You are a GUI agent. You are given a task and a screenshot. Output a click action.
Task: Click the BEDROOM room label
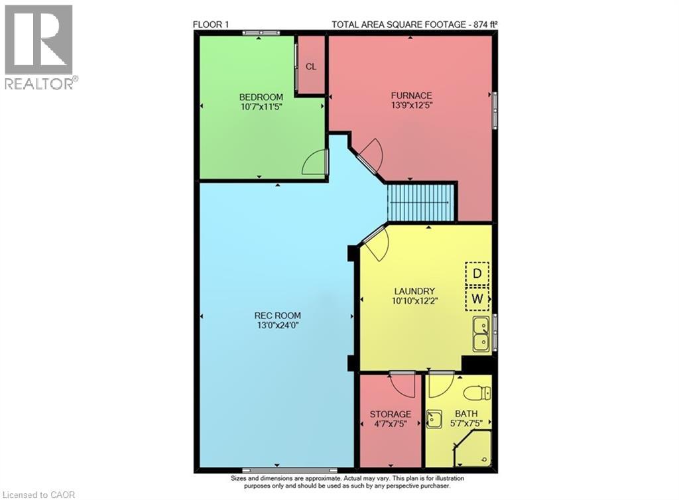(262, 96)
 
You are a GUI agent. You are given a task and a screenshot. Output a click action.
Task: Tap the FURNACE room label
(411, 95)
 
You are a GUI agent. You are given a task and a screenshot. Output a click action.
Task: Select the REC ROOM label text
(278, 315)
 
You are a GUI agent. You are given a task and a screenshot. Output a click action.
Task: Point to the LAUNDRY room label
(414, 290)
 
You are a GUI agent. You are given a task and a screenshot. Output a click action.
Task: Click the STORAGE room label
(391, 414)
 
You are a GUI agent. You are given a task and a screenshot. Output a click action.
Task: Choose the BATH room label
(465, 414)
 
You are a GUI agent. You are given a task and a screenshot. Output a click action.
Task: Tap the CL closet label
(310, 66)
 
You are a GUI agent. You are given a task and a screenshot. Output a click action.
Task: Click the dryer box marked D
(476, 273)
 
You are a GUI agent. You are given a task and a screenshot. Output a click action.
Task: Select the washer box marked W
(476, 298)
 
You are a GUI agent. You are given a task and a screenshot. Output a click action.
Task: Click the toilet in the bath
(477, 393)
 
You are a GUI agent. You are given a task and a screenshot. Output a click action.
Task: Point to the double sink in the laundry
(481, 334)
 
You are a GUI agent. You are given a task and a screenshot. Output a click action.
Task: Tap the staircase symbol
(421, 202)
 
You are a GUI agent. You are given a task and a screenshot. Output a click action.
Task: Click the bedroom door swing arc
(316, 163)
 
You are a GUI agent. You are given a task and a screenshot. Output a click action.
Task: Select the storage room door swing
(402, 384)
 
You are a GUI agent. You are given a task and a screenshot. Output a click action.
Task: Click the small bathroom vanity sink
(434, 419)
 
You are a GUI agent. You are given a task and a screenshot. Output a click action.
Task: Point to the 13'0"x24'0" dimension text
(278, 325)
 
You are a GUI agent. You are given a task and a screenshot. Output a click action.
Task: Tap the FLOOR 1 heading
(212, 25)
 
